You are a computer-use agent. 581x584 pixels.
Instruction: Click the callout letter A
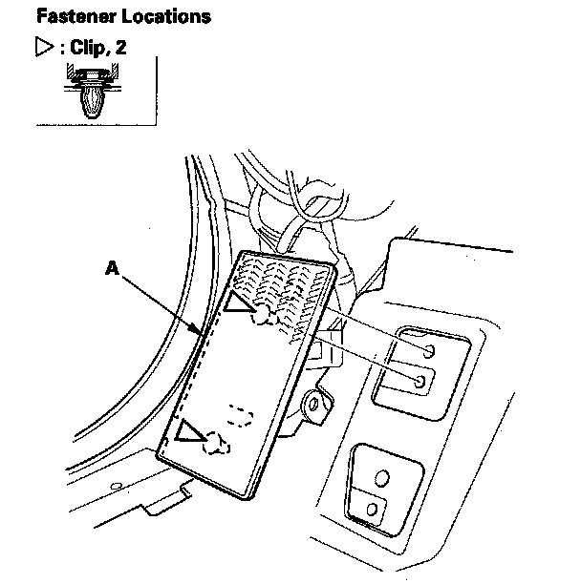112,271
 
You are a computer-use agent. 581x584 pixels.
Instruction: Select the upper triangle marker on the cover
238,305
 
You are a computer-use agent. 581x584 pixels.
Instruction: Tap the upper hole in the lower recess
382,476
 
